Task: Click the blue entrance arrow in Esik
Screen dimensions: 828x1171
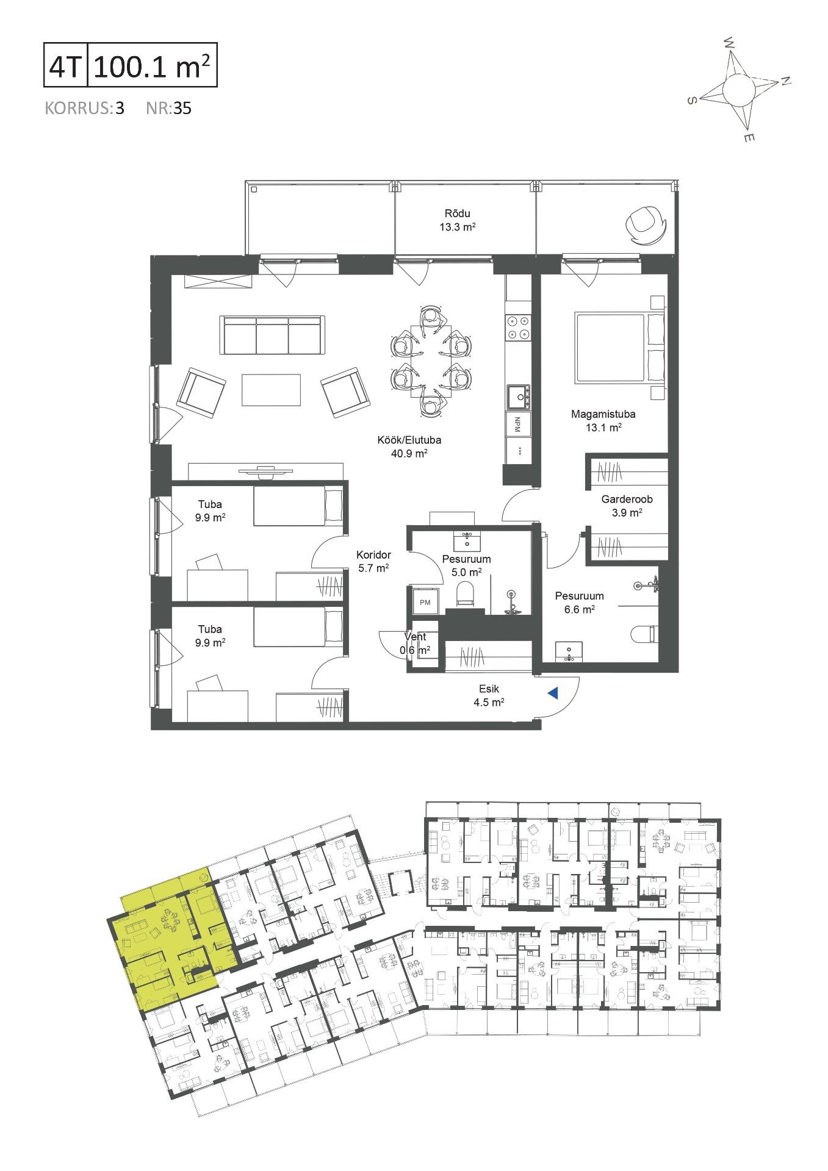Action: pyautogui.click(x=553, y=693)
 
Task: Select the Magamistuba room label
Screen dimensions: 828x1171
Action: pyautogui.click(x=603, y=414)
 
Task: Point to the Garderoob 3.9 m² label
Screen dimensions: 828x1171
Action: pyautogui.click(x=627, y=506)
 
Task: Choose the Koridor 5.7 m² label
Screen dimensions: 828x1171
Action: pyautogui.click(x=373, y=561)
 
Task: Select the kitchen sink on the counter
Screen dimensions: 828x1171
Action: pyautogui.click(x=517, y=397)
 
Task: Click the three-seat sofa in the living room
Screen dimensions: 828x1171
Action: pyautogui.click(x=271, y=335)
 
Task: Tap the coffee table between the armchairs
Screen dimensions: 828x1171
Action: pyautogui.click(x=272, y=390)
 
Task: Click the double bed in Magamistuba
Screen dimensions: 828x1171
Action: pyautogui.click(x=619, y=348)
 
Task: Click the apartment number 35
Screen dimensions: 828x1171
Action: pyautogui.click(x=182, y=109)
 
